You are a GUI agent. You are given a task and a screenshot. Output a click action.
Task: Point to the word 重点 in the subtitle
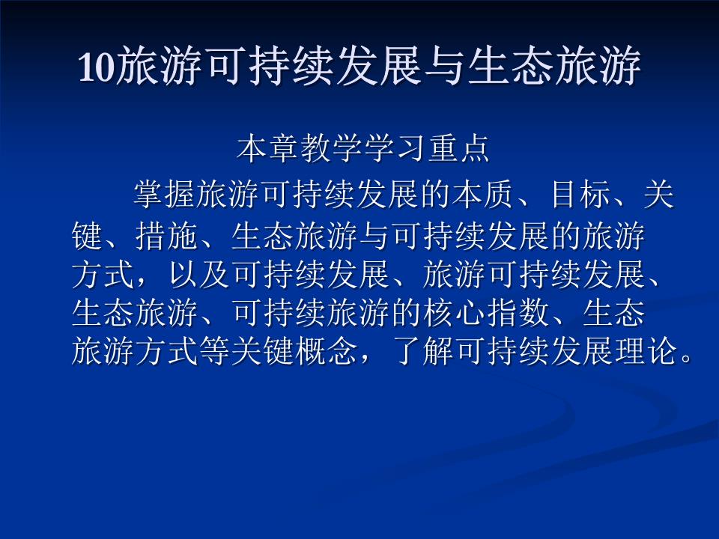click(x=458, y=150)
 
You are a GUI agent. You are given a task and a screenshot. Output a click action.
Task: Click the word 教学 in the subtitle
click(x=332, y=150)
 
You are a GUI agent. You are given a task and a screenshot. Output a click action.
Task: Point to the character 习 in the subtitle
click(x=410, y=150)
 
